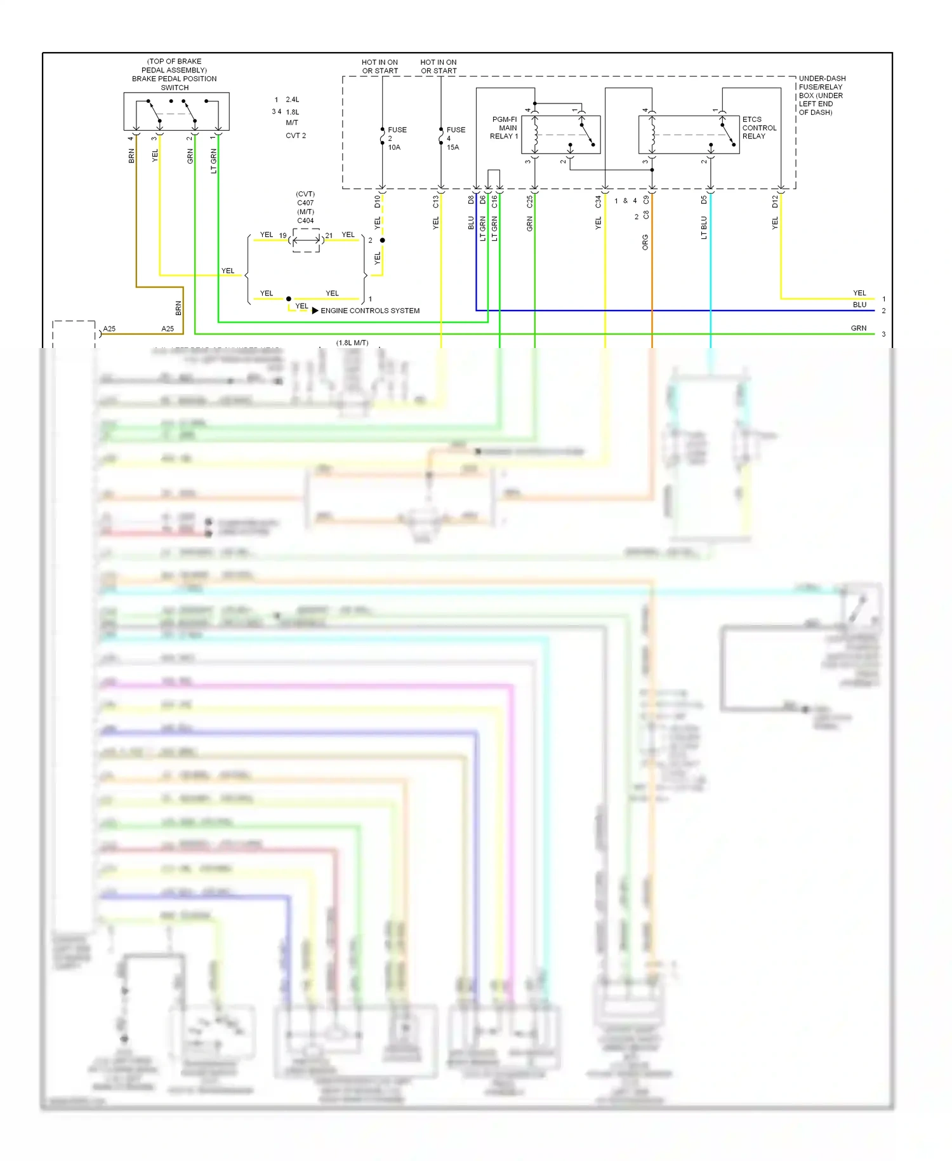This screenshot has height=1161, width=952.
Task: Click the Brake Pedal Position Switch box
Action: coord(176,112)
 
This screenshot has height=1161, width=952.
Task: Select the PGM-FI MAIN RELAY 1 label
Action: coord(504,128)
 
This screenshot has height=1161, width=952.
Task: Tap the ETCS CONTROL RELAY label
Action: coord(758,128)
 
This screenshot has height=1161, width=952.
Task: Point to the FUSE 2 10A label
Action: coord(396,138)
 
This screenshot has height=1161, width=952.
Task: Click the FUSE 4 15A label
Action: coord(455,138)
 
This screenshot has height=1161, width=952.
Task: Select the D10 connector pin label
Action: coord(377,201)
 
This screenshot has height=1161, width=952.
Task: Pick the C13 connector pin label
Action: coord(435,201)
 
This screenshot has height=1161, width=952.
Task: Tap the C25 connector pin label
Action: coord(529,201)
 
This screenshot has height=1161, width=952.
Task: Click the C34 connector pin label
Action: coord(598,201)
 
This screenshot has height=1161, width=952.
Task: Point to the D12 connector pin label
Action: coord(774,201)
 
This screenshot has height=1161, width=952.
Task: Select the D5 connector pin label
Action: coord(703,199)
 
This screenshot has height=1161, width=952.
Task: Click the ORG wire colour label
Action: coord(645,242)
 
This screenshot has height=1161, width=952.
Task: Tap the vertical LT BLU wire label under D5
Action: coord(703,227)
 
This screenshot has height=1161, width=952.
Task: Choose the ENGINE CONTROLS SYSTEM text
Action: coord(370,311)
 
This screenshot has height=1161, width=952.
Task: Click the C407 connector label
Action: coord(305,203)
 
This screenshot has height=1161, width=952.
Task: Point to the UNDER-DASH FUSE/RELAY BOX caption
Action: coord(821,95)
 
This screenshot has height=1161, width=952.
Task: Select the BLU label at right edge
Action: coord(859,305)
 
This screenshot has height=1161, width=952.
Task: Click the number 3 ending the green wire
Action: coord(883,334)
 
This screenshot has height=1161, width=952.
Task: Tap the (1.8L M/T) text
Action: coord(352,343)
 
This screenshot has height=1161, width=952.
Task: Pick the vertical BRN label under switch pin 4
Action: coord(131,156)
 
